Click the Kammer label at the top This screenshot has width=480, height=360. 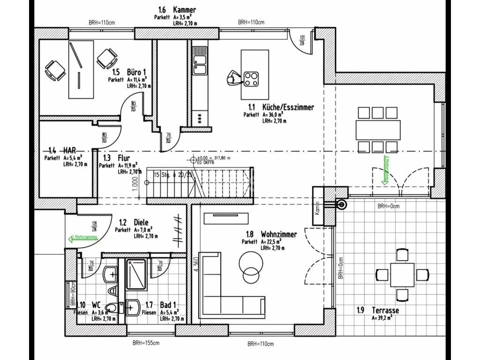coord(184,9)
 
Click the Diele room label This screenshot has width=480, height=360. coord(141,223)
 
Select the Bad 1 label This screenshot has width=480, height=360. coord(169,305)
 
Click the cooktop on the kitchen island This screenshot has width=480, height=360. coord(251,78)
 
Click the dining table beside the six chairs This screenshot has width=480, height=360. coord(378,130)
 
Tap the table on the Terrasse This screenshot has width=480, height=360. coord(402,274)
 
